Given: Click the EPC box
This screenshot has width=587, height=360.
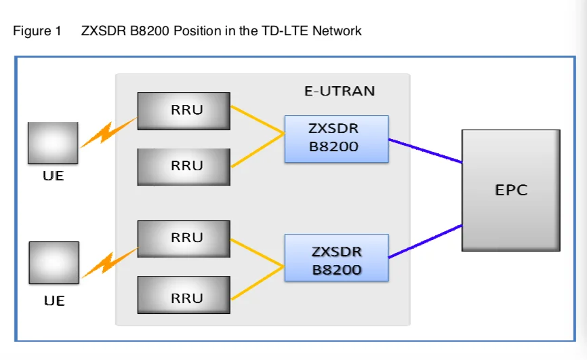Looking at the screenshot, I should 510,190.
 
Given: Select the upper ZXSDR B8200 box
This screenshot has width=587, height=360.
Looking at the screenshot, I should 336,138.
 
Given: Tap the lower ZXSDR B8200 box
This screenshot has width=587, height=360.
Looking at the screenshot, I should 336,258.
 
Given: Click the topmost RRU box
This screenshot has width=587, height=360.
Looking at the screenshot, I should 184,111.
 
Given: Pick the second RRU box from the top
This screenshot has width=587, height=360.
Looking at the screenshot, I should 184,166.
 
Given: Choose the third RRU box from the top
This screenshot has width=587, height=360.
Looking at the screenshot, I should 184,238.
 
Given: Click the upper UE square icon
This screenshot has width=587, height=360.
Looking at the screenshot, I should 53,143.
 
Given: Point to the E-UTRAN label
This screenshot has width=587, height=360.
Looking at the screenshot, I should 339,91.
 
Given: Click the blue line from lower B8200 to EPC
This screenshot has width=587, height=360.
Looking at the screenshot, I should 425,241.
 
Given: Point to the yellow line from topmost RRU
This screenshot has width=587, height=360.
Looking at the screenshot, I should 257,119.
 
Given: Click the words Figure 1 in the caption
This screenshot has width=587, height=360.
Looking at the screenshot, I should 37,31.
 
